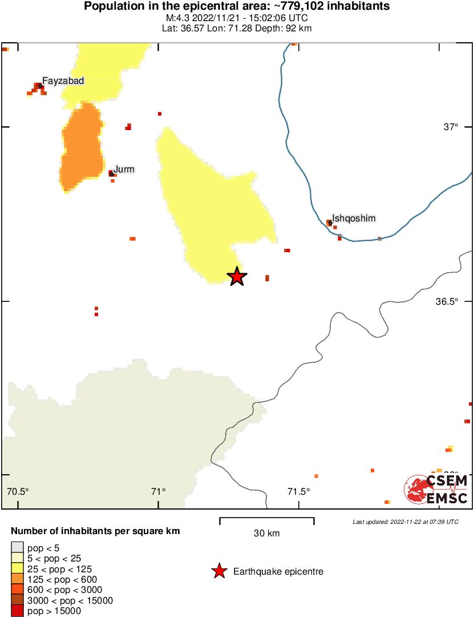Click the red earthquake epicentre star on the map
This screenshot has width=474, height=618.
coord(237,277)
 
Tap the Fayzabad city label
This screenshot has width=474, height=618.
coord(63,81)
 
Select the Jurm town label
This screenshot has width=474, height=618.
coord(124,169)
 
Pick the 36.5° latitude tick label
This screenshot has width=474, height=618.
coord(447,301)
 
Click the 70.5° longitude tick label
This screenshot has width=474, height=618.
coord(18,491)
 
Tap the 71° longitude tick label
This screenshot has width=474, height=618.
coord(159,491)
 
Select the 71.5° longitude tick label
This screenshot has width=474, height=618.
coord(298,491)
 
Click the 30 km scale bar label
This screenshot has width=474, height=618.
coord(267,534)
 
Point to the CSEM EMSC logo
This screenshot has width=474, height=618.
coord(436,490)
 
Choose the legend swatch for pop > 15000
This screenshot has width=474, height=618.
coord(18,611)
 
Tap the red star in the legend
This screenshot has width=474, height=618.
coord(219,571)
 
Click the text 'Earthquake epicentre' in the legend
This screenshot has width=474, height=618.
coord(278,571)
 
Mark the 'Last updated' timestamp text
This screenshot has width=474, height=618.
coord(405,522)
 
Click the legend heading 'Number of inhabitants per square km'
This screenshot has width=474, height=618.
coord(95,531)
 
